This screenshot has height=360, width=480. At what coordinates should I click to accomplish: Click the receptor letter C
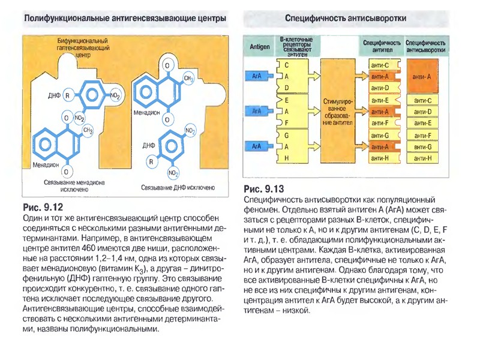point(286,65)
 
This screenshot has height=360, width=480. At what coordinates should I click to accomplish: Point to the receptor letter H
point(286,158)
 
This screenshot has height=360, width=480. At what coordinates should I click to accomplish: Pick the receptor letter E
point(286,100)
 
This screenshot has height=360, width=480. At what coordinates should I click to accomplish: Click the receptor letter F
point(286,123)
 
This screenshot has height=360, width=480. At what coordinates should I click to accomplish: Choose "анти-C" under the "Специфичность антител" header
point(380,65)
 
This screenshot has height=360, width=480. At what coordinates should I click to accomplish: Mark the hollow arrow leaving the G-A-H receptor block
point(313,146)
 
